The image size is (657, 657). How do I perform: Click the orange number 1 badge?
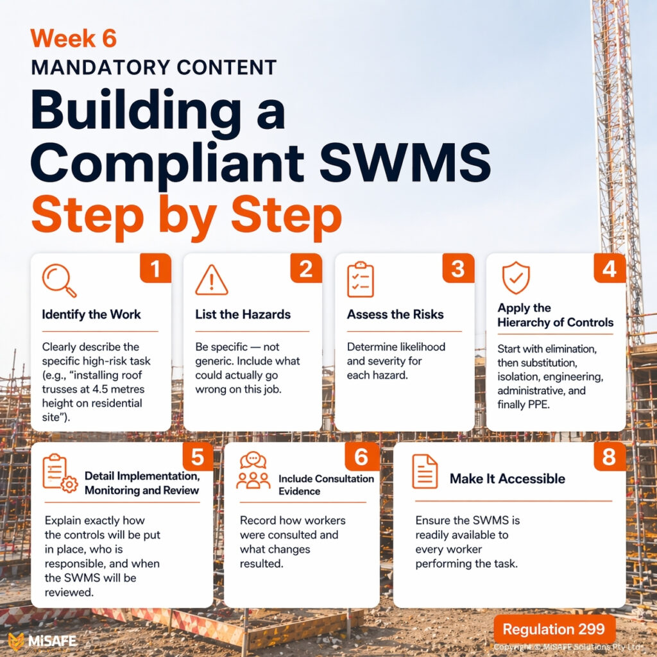[x=155, y=268]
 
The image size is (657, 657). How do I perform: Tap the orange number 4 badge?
[x=610, y=268]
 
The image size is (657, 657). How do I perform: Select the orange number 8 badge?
[x=610, y=457]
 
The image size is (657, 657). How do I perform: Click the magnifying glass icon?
[x=59, y=280]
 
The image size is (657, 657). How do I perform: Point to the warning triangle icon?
[x=211, y=280]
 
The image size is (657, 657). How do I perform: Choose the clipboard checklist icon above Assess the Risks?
[x=360, y=280]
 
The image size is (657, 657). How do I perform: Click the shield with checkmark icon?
[x=515, y=278]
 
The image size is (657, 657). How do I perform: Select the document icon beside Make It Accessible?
[x=425, y=472]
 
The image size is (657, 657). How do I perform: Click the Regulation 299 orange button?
[x=554, y=629]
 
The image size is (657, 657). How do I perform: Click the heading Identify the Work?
[x=91, y=314]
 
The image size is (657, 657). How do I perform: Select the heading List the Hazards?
[x=243, y=314]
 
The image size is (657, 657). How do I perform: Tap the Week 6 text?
[x=73, y=38]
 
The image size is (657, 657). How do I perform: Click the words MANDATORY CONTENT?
[x=153, y=67]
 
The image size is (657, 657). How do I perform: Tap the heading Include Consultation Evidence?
[x=326, y=484]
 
